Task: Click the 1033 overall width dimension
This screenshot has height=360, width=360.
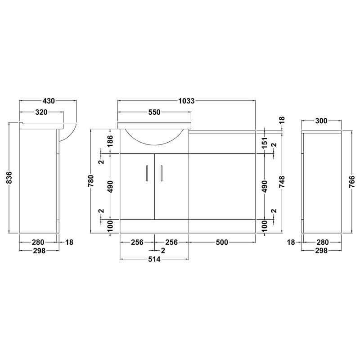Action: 186,101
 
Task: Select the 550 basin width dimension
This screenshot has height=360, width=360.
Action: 154,112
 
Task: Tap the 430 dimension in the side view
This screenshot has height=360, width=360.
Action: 49,101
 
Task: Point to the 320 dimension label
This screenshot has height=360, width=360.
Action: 41,112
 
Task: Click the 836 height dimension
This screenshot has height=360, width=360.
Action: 9,177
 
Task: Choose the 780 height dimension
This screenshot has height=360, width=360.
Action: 91,181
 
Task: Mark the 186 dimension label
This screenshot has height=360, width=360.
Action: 110,141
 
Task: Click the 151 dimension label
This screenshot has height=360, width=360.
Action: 265,142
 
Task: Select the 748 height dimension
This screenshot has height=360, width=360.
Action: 282,182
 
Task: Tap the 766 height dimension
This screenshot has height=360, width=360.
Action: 352,182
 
